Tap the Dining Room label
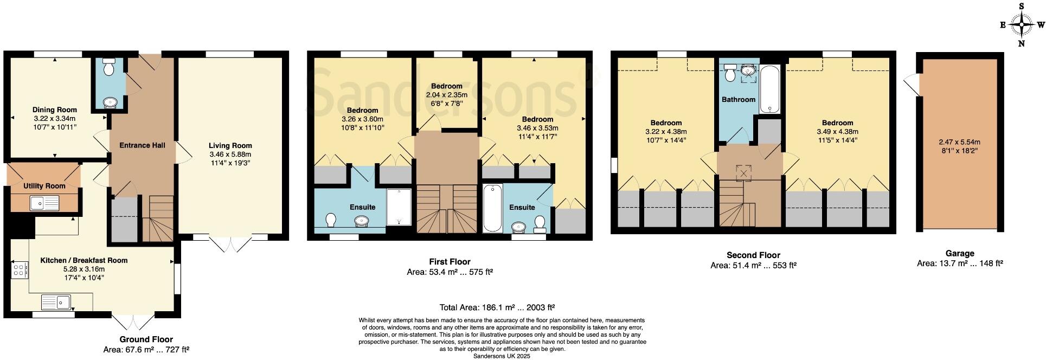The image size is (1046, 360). [x=54, y=110]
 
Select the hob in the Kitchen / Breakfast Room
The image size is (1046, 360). [x=20, y=269]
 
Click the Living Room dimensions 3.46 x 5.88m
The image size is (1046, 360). [x=230, y=155]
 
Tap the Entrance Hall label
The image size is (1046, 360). [x=142, y=145]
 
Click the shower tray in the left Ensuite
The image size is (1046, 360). [x=400, y=207]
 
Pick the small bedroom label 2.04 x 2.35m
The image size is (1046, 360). [x=447, y=95]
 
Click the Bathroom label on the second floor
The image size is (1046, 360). [x=738, y=100]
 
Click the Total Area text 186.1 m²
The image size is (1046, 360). [x=496, y=307]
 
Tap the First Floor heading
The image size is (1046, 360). [x=450, y=262]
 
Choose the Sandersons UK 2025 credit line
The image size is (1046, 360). [x=502, y=356]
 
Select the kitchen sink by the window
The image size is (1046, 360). [x=56, y=301]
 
